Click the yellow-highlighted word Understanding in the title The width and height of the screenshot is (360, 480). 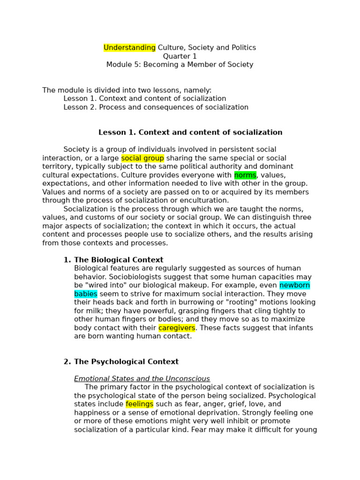point(129,48)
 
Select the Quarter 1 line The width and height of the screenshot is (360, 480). point(180,56)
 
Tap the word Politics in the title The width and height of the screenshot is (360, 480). point(242,48)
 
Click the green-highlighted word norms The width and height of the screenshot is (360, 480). point(245,175)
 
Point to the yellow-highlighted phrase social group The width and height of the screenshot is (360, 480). point(142,158)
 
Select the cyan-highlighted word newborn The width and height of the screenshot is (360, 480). point(294,285)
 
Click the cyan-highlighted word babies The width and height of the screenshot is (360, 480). point(86,294)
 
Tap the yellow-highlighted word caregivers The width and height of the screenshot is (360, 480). point(177,328)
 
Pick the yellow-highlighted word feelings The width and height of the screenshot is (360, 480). point(139,404)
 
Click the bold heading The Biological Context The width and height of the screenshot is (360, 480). point(119,260)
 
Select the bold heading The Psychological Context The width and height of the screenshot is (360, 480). point(126,362)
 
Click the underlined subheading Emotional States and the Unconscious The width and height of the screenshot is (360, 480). point(142,379)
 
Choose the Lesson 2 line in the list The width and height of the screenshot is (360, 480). point(156,107)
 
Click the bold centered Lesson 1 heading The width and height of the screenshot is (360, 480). point(190,133)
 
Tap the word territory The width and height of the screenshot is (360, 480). point(58,167)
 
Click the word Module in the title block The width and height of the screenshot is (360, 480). point(119,65)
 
